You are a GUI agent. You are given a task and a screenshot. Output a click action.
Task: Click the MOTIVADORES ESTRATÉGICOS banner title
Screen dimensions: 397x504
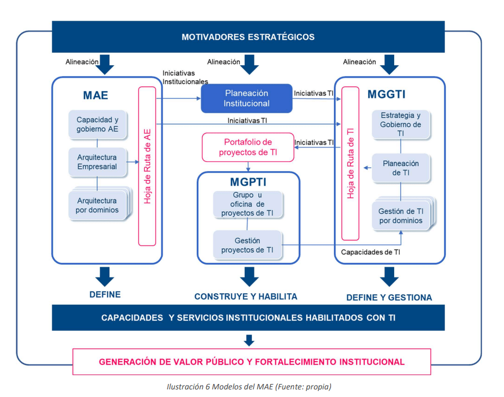pos(248,37)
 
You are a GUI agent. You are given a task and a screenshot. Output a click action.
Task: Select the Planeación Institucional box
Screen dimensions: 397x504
pos(247,98)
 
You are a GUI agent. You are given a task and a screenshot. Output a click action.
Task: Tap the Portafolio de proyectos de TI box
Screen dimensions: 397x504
pos(248,147)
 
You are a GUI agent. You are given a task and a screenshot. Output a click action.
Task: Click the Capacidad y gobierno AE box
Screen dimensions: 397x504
pos(97,124)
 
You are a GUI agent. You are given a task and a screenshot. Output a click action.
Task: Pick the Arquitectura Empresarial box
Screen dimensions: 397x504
pos(97,162)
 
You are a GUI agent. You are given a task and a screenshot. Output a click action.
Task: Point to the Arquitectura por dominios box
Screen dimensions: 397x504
pos(97,205)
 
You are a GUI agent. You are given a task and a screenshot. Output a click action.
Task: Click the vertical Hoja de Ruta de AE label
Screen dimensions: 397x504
pos(147,166)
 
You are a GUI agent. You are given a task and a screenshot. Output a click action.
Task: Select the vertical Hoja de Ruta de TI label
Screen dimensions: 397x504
pos(351,163)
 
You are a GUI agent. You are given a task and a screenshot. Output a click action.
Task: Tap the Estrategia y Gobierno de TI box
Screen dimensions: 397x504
pos(401,124)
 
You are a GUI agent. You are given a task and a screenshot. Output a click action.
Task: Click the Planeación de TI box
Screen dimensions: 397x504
pos(401,168)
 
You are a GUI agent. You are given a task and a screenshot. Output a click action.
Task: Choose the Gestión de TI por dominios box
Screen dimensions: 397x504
pos(401,216)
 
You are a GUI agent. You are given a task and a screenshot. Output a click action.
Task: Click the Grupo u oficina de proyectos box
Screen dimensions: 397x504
pos(247,204)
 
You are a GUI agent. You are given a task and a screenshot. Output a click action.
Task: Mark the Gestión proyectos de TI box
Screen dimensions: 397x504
pos(247,245)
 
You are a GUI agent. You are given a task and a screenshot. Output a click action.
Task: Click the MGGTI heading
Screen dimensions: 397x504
pos(387,94)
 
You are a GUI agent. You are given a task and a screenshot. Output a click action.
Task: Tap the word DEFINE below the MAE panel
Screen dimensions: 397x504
pos(105,294)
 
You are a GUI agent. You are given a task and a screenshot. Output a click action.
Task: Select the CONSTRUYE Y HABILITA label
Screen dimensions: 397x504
pos(246,297)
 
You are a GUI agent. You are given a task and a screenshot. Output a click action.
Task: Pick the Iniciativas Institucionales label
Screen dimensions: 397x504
pos(185,77)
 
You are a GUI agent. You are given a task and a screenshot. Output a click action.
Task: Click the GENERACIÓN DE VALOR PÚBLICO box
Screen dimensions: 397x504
pos(251,362)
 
